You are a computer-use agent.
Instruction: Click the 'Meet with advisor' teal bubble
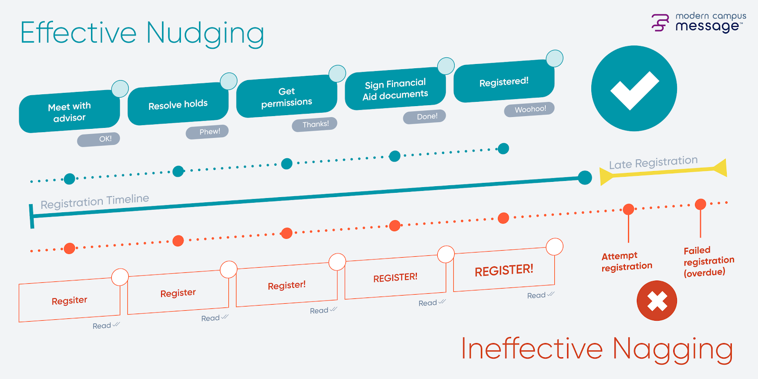(69, 112)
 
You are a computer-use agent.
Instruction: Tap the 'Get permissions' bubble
(287, 97)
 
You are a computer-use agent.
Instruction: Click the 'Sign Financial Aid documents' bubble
(396, 90)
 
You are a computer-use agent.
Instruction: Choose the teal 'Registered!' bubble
(504, 82)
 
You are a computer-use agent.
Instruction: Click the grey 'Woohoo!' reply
(530, 109)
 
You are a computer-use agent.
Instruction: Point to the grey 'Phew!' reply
(208, 132)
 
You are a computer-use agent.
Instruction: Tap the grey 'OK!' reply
(99, 139)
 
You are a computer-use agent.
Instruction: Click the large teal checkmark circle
(634, 89)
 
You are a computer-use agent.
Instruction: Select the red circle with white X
(657, 301)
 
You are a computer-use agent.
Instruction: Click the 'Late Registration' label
(653, 162)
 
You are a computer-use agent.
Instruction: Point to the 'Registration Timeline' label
(95, 201)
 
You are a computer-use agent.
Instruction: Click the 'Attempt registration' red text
(626, 262)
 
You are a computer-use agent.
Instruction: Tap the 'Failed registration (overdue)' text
(708, 261)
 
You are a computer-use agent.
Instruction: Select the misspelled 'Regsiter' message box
(70, 301)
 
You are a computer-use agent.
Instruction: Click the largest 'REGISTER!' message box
(504, 270)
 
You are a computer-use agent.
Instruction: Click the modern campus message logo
(698, 22)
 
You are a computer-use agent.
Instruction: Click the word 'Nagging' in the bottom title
(673, 350)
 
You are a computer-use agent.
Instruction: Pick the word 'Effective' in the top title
(79, 33)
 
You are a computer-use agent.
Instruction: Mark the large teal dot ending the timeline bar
(585, 178)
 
